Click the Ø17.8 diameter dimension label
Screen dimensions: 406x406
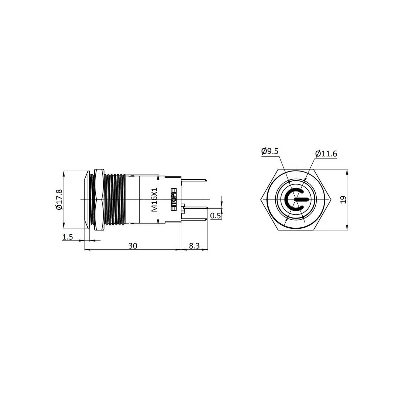click(x=59, y=199)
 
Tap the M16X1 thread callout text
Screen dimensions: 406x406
click(x=154, y=200)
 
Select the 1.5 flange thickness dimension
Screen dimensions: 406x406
click(x=68, y=237)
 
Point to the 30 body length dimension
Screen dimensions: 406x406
click(x=133, y=246)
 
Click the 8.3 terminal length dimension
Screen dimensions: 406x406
click(x=194, y=246)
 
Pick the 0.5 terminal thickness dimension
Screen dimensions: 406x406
click(x=215, y=216)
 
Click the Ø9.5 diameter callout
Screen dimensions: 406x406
click(x=270, y=151)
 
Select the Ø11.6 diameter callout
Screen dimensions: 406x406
click(x=326, y=154)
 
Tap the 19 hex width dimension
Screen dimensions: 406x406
click(x=343, y=200)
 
